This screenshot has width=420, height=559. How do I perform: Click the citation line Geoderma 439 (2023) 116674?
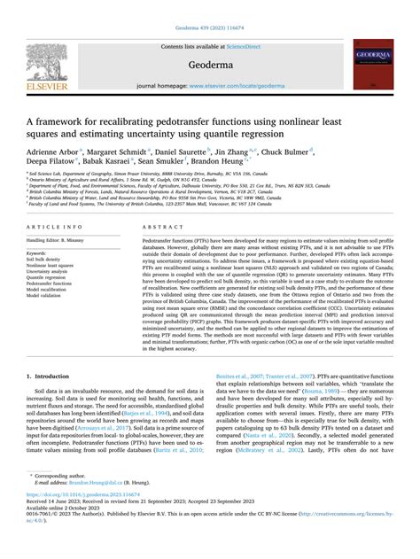(209, 5)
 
